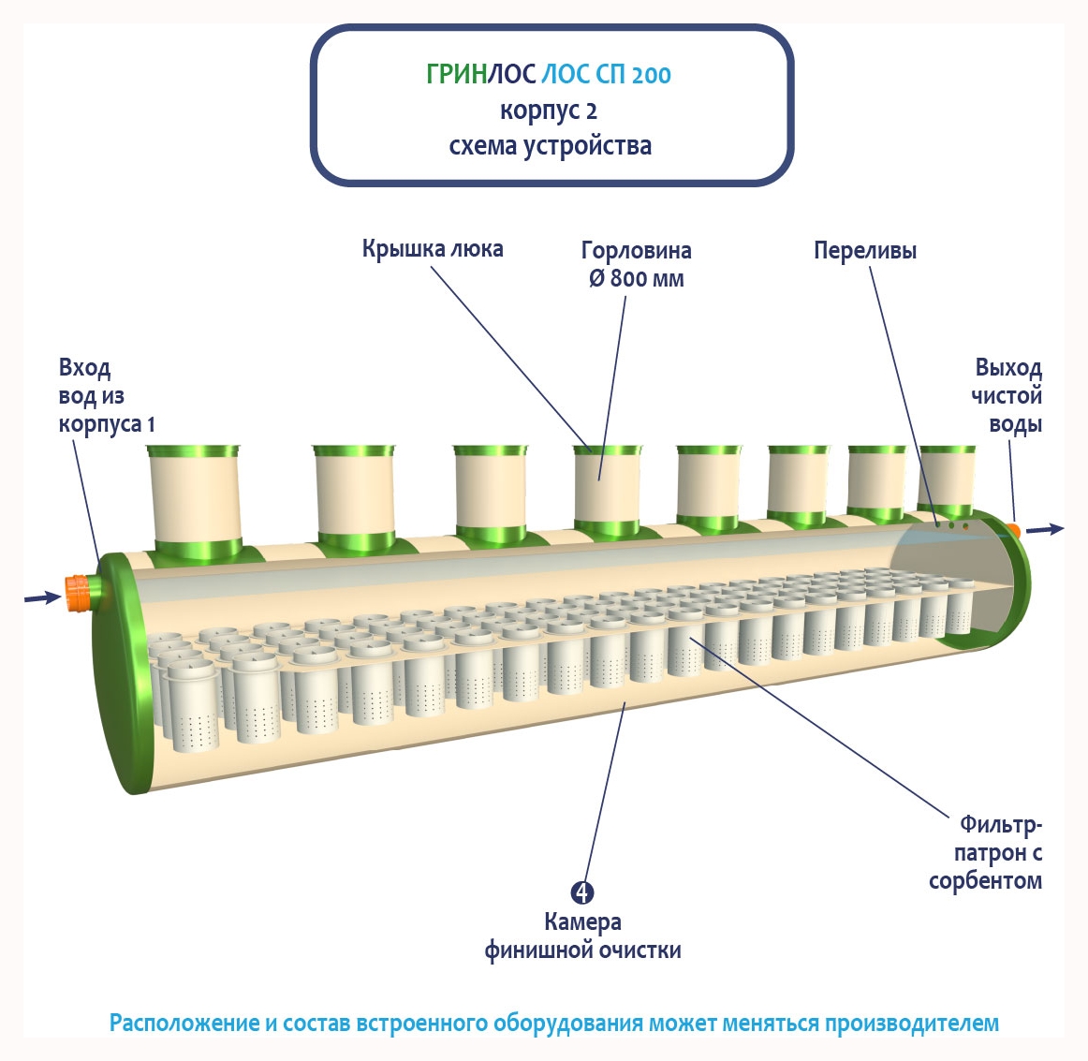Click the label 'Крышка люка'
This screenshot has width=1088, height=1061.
tap(433, 249)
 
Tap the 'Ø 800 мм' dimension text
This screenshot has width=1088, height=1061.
tap(637, 279)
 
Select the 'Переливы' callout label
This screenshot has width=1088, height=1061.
tap(864, 251)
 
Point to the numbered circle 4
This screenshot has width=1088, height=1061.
tap(582, 893)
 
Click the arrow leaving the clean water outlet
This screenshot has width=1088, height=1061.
tap(1045, 530)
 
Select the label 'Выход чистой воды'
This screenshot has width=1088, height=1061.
tap(1007, 395)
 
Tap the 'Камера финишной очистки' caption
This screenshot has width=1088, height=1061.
tap(582, 936)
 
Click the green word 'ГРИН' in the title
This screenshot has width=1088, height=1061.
tap(456, 75)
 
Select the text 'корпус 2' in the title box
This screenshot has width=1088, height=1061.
tap(549, 111)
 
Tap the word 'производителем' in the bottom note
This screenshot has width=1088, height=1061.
tap(911, 1023)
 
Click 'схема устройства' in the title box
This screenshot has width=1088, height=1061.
tap(551, 147)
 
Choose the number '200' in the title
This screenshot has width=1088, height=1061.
tap(651, 76)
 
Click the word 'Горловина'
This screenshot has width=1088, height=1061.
tap(637, 251)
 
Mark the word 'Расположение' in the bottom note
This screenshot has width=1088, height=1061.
tap(183, 1023)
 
